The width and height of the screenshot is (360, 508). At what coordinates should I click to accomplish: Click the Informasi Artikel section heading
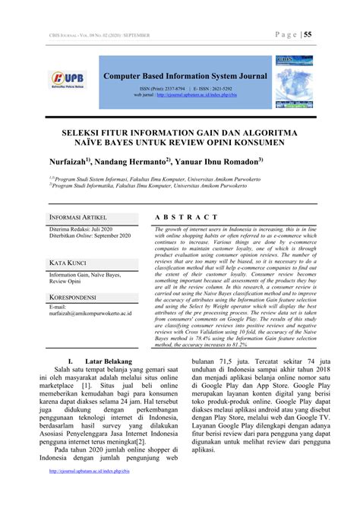[81, 218]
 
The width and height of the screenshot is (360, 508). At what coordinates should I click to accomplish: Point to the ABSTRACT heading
[179, 217]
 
